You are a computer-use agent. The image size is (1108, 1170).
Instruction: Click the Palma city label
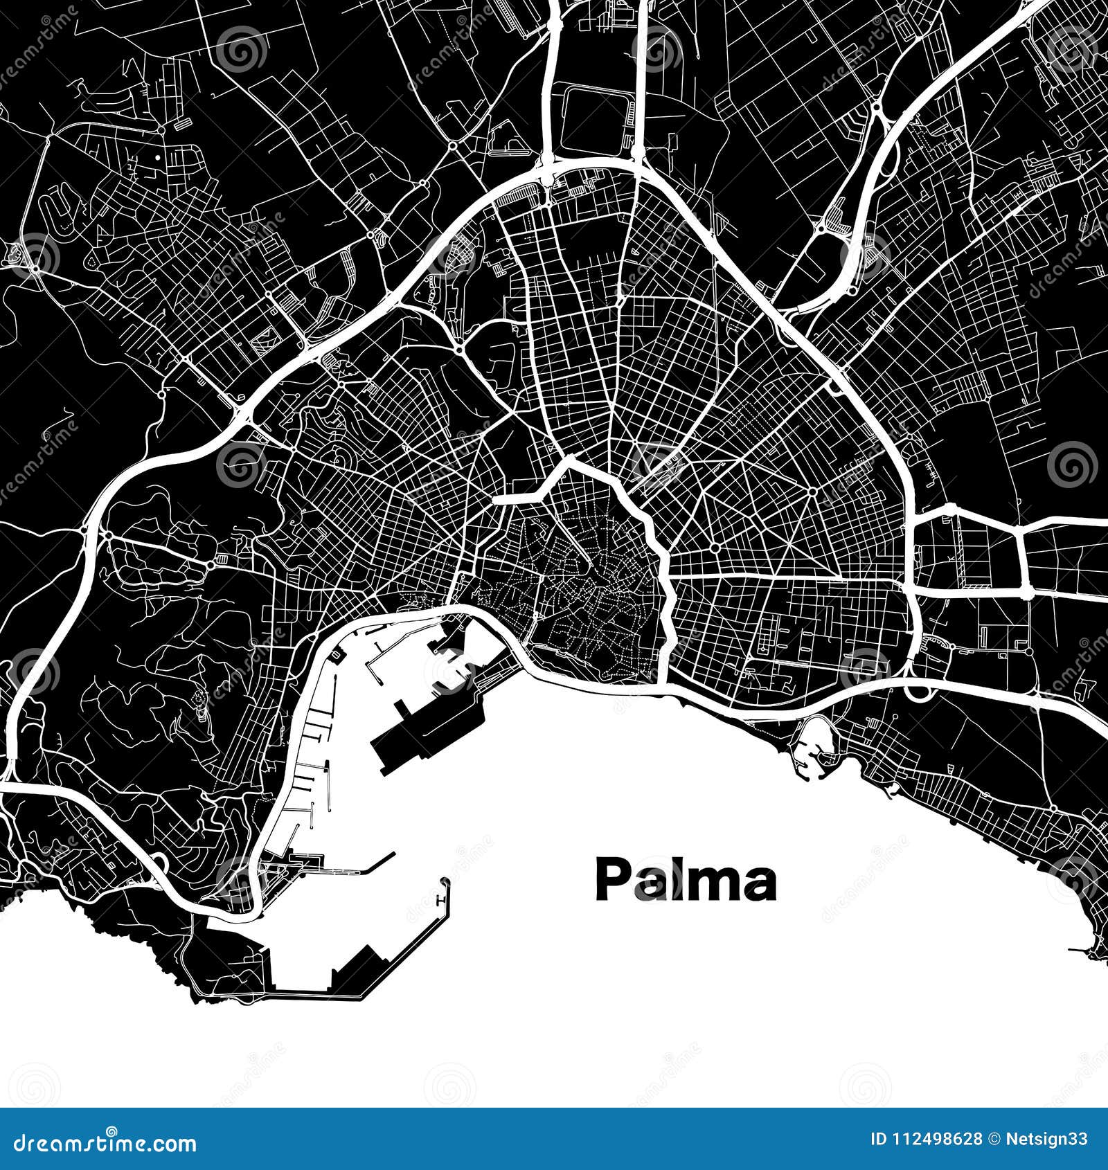685,881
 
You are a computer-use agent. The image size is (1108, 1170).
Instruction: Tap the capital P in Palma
611,880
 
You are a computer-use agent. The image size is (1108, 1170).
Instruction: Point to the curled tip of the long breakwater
445,883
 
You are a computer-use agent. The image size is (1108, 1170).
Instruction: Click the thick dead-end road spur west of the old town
516,498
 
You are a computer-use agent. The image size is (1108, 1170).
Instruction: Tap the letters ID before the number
878,1140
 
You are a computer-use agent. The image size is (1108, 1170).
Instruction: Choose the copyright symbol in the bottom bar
994,1140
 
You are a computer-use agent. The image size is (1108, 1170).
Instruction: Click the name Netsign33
1047,1140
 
